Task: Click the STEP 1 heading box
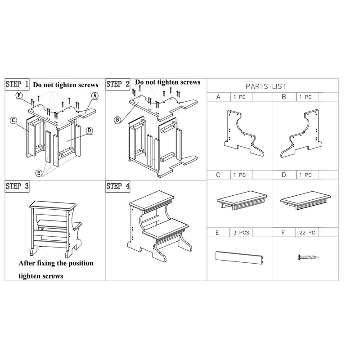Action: coord(17,84)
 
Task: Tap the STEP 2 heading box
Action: coord(118,84)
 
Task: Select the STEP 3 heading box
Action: coord(17,186)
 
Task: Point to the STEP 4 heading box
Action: coord(118,186)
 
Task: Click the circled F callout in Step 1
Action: coord(19,95)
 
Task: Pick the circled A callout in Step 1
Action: coord(95,96)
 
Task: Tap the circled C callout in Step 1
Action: coord(13,120)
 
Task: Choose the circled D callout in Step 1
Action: coord(89,130)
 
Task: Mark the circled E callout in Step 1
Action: coord(39,173)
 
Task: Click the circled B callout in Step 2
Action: coord(117,120)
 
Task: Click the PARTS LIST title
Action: coord(266,86)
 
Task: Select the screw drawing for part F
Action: coord(308,257)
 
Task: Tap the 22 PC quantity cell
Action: coord(307,233)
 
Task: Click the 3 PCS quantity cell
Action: coord(241,233)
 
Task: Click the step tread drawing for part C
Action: coord(242,200)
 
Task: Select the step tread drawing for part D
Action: coord(306,200)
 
